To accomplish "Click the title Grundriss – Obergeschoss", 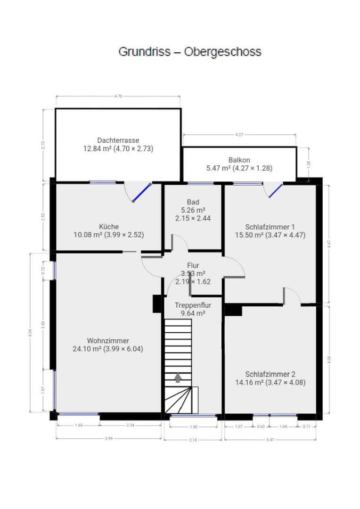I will coord(189,51).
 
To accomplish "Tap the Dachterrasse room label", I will coord(118,140).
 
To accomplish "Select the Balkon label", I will coord(239,160).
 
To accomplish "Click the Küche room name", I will coord(109,226).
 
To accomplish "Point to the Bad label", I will coord(193,202).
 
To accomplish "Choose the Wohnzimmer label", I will coord(108,341).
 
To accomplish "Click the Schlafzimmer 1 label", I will coord(270,226).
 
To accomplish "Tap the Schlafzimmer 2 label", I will coord(270,374).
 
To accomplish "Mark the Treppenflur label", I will coord(193,305).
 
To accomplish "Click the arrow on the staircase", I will coord(178,378).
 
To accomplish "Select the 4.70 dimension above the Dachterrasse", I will coord(118,96).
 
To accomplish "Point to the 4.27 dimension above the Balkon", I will coord(239,135).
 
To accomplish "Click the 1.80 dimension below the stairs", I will coord(193,427).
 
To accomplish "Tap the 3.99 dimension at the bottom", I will coord(108,439).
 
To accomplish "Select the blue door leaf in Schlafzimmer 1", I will coord(276,190).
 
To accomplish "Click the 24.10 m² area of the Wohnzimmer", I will coord(87,349).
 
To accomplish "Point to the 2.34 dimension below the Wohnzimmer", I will coord(131,426).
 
